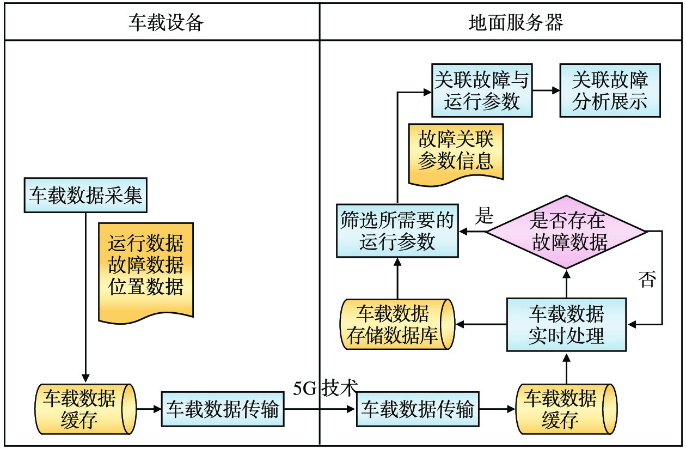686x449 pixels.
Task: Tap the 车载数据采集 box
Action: [85, 195]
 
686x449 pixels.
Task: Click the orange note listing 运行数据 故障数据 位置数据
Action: [146, 267]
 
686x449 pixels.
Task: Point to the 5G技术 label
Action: [325, 388]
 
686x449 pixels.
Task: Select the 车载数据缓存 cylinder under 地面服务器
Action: [566, 409]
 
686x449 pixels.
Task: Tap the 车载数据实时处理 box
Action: [566, 324]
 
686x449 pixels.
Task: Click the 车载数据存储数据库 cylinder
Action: [397, 324]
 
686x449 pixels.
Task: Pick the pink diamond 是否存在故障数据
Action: [567, 232]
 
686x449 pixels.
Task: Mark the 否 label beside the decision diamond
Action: [647, 280]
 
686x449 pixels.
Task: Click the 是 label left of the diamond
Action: [485, 216]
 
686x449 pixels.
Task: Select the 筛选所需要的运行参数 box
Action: [397, 232]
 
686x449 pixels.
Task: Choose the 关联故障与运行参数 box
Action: [482, 90]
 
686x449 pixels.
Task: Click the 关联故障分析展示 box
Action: [610, 90]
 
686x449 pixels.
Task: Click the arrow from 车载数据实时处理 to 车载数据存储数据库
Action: [481, 325]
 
